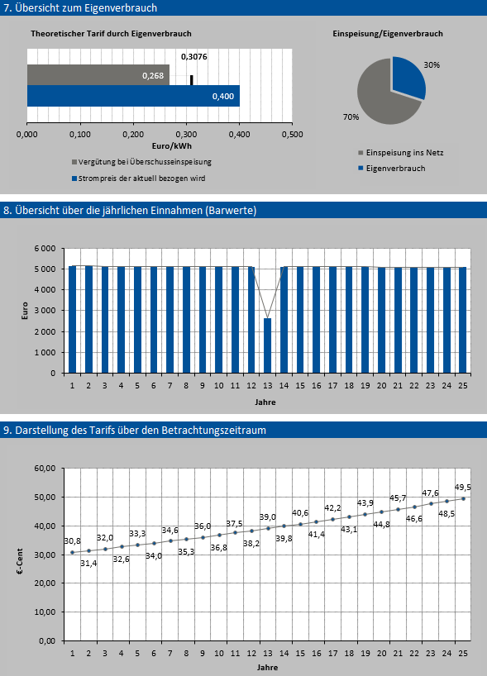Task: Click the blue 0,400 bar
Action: click(x=133, y=96)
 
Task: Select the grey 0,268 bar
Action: click(x=98, y=75)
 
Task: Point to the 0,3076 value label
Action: click(x=194, y=56)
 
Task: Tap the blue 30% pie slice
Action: click(x=408, y=76)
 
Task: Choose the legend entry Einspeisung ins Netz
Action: click(x=401, y=153)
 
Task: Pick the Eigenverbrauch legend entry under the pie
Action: click(x=392, y=168)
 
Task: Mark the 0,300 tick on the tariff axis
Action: click(x=186, y=135)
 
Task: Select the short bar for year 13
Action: click(x=267, y=345)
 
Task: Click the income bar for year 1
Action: click(x=72, y=319)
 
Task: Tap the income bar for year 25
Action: click(x=462, y=320)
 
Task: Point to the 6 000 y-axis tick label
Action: click(x=45, y=249)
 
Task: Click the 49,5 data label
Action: click(x=463, y=488)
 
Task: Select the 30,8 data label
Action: click(x=72, y=541)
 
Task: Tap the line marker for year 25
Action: click(x=463, y=498)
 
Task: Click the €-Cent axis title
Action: click(x=19, y=561)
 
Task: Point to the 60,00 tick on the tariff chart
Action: click(x=45, y=469)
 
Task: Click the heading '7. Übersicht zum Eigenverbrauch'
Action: click(x=80, y=7)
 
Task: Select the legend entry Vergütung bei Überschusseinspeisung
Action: click(x=141, y=162)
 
